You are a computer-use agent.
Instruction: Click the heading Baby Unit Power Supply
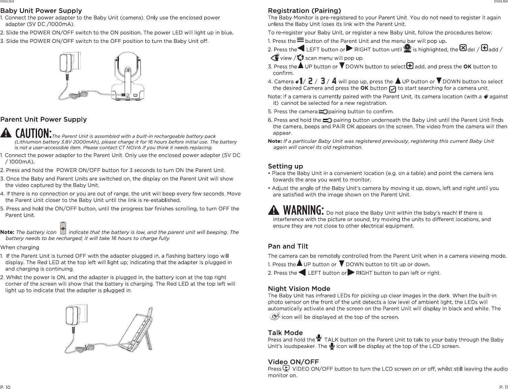coord(41,11)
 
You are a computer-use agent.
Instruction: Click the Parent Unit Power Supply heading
coord(43,119)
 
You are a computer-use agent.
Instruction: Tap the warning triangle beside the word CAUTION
coord(6,133)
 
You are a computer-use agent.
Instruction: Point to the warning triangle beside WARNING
coord(274,211)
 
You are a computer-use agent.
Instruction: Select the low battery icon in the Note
coord(63,228)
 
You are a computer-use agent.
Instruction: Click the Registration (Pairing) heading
coord(305,11)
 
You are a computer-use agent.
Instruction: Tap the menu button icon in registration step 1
coord(300,40)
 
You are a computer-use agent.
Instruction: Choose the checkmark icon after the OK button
coord(392,89)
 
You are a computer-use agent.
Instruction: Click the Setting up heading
coord(285,166)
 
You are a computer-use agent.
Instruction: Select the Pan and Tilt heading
coord(288,246)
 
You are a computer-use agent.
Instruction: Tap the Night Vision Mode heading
coord(299,288)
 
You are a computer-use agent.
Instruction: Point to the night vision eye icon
coord(275,316)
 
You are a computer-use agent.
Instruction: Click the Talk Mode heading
coord(285,333)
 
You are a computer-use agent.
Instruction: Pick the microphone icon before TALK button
coord(319,339)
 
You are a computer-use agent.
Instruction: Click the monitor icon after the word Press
coord(286,368)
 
